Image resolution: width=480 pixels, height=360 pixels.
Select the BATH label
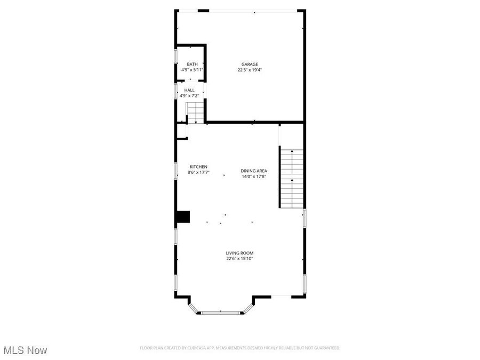coord(192,64)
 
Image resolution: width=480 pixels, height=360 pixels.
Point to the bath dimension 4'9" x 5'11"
coord(192,70)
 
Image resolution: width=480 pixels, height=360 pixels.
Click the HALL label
coord(189,90)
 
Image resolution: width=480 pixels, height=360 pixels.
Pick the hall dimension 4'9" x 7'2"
coord(189,95)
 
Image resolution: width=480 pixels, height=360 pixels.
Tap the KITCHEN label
coord(198,167)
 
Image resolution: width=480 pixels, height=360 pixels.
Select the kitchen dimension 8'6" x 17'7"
coord(198,172)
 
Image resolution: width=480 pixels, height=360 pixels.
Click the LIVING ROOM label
coord(239,253)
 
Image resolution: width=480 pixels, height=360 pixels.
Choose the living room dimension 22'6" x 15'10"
coord(239,259)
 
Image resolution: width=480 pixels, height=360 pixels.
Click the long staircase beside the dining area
coord(291,179)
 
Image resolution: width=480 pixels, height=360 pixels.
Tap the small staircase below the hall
coord(195,113)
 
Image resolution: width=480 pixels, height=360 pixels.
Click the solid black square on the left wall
coord(183,217)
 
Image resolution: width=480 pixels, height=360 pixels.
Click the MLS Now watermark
coord(25,350)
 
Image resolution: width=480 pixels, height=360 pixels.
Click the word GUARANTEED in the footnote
coord(326,348)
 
